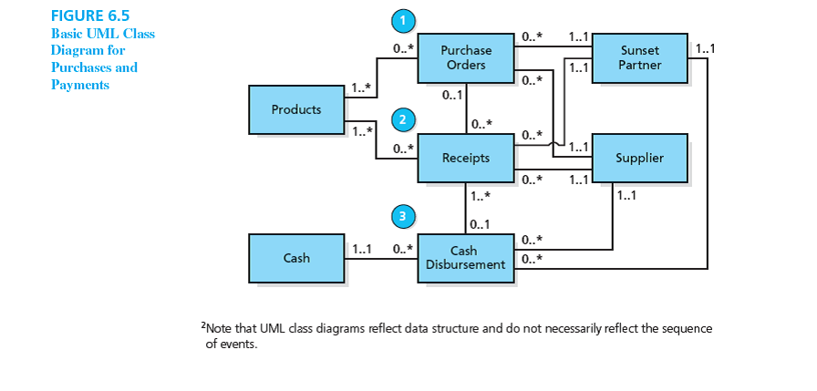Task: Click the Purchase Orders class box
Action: pos(466,57)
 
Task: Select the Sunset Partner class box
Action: pos(639,57)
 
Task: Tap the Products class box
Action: pos(296,109)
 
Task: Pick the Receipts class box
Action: pos(466,158)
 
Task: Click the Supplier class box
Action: pos(639,158)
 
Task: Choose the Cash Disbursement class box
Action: pos(466,258)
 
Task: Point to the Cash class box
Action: pos(296,258)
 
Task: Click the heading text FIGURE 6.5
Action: pos(89,16)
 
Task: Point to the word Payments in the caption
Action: pos(80,85)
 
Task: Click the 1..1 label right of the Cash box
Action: pos(362,248)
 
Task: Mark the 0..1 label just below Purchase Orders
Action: pos(450,95)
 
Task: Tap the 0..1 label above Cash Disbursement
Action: pos(481,223)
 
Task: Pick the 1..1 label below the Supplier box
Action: pos(626,195)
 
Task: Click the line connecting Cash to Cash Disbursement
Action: pos(381,258)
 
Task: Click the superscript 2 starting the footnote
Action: pos(202,324)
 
